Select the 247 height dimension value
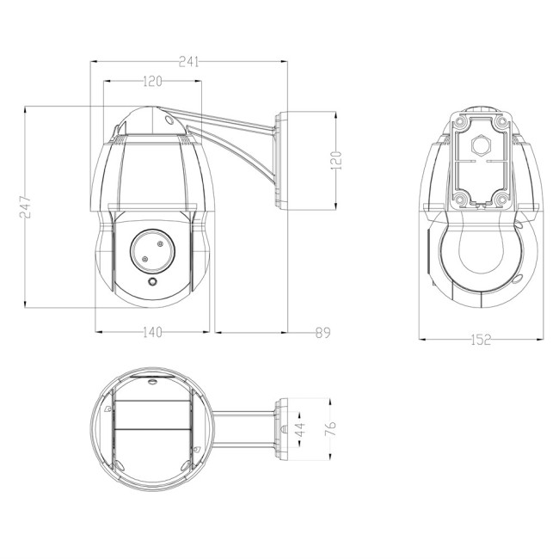tap(27, 206)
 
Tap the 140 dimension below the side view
tap(151, 332)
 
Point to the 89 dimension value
tap(322, 332)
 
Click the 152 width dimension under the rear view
tap(481, 340)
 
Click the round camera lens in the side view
tap(151, 249)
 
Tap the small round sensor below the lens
tap(152, 281)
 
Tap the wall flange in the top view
tap(281, 427)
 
